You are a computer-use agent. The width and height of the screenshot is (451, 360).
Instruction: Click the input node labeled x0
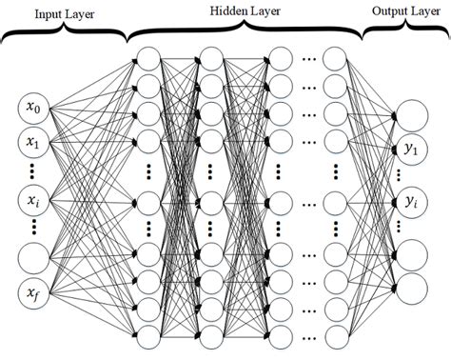[x=31, y=110]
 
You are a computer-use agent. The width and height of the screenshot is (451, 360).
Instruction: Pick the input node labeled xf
[x=31, y=292]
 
